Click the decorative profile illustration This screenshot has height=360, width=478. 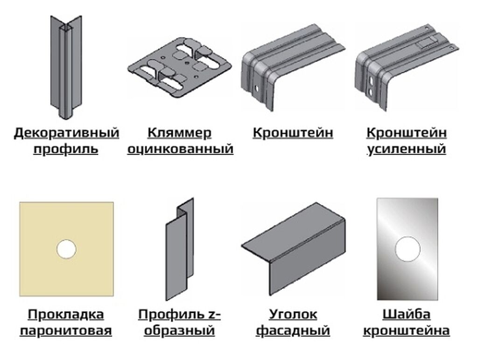[65, 67]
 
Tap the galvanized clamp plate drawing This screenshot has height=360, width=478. [180, 67]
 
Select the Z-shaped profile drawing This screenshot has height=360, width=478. [180, 249]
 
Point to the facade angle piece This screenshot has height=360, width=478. [293, 248]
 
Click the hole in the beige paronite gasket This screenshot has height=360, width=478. [66, 249]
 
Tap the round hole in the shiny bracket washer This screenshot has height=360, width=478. [408, 249]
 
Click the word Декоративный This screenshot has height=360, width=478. [66, 133]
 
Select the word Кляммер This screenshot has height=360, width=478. [180, 133]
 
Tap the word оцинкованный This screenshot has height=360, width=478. [180, 149]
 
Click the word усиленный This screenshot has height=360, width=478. [407, 149]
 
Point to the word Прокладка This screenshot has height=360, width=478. [66, 314]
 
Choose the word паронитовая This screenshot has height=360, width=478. [66, 331]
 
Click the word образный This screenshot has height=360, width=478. [179, 331]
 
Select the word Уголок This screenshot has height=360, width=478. [293, 314]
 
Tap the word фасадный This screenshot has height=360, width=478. [293, 331]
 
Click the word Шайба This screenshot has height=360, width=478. [407, 314]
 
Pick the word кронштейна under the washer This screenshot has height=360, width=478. [407, 331]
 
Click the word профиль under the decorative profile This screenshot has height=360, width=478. [66, 149]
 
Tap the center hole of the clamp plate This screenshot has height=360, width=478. [187, 63]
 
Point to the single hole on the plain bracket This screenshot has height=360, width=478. [256, 88]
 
